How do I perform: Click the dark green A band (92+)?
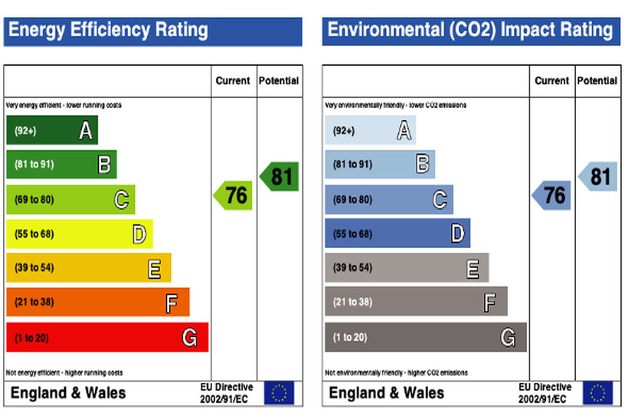click(x=51, y=131)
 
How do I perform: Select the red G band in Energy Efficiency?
click(x=107, y=337)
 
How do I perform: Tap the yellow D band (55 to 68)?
click(x=80, y=234)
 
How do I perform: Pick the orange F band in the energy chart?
click(x=97, y=302)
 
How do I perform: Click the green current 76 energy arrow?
click(x=233, y=195)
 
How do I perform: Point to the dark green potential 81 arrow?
click(x=279, y=177)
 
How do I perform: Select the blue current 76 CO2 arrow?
click(x=551, y=195)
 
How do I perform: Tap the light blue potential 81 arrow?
click(x=597, y=177)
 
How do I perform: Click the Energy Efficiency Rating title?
click(x=108, y=31)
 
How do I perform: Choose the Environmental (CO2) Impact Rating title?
click(x=470, y=31)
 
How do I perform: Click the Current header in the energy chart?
click(x=233, y=80)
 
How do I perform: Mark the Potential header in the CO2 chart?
click(x=597, y=80)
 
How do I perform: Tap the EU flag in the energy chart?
click(x=279, y=393)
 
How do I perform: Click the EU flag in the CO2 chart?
click(x=597, y=393)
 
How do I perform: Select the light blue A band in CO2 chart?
click(x=370, y=131)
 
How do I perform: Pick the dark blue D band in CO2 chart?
click(x=397, y=234)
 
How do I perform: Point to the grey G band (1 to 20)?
click(x=425, y=337)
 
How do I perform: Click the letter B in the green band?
click(x=104, y=165)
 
